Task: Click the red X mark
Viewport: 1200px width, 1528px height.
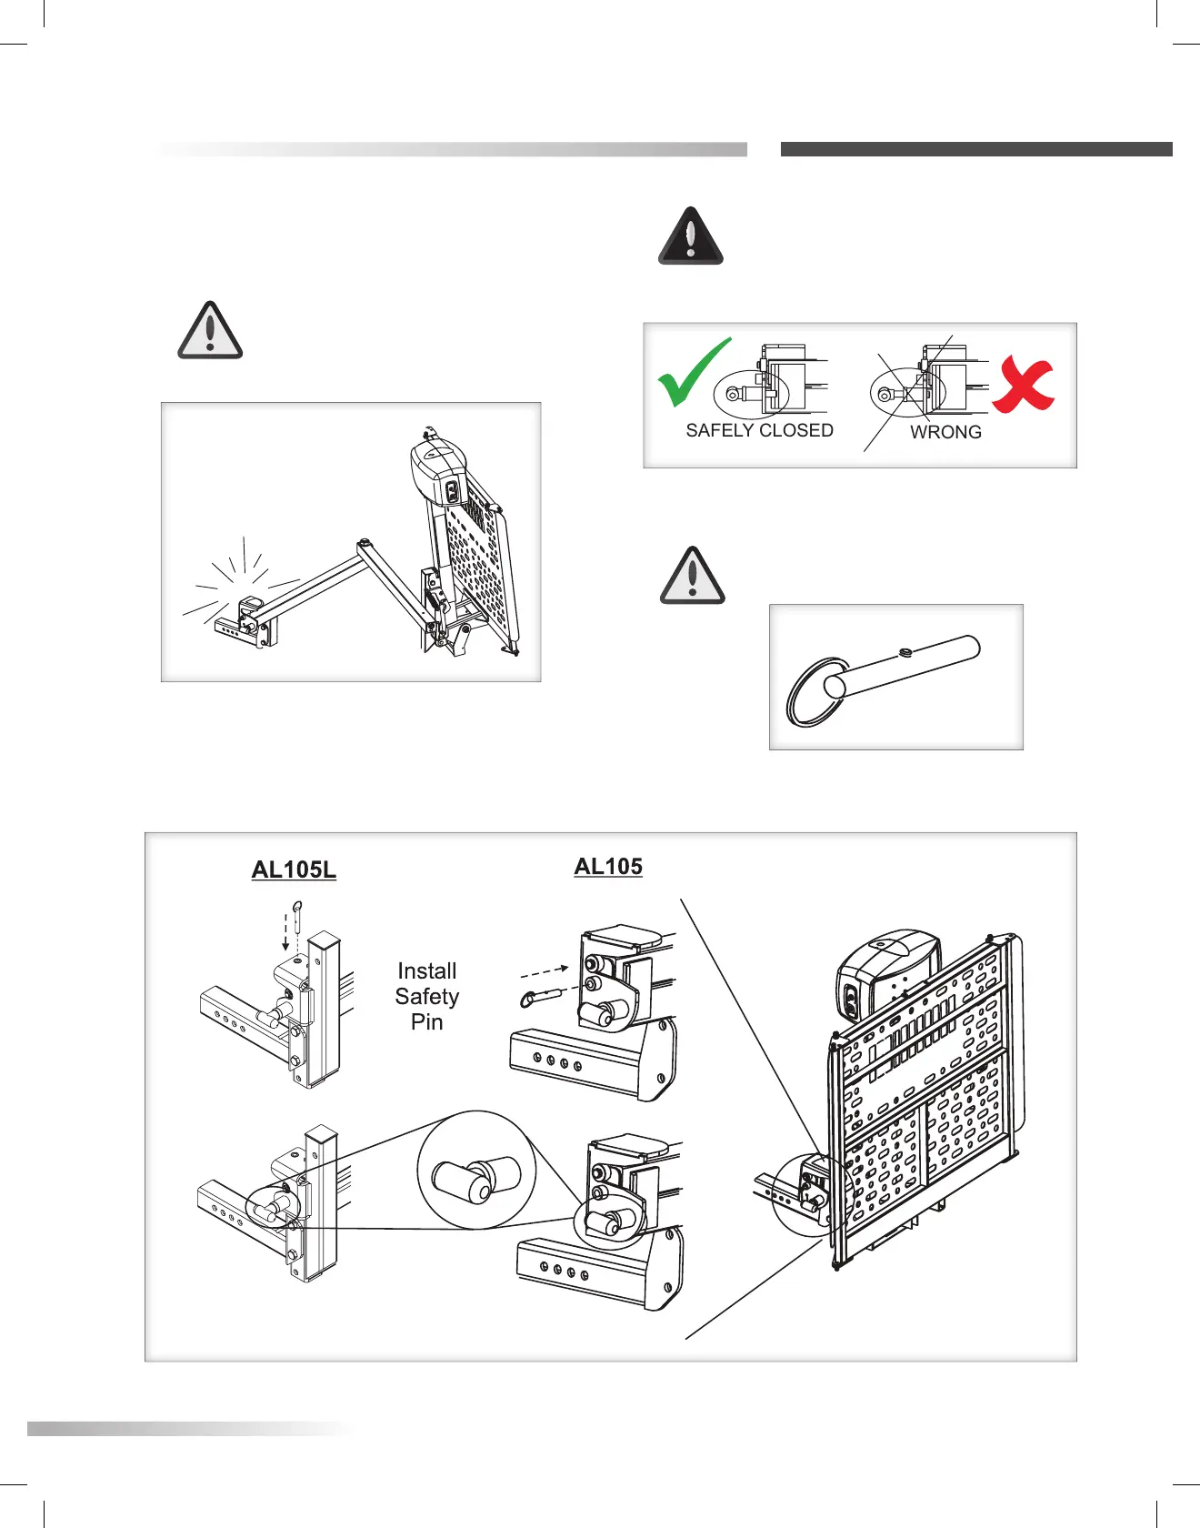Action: point(1024,384)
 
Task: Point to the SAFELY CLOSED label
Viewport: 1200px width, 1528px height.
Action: point(759,430)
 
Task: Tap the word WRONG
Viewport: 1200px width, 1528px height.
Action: point(945,432)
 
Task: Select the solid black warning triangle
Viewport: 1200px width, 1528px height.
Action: point(691,236)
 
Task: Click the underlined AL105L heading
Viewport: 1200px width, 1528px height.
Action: point(294,870)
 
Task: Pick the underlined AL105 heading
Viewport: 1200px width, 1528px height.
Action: point(608,867)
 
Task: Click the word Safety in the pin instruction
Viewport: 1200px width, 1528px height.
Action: point(427,997)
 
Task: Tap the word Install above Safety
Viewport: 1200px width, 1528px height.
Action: point(427,971)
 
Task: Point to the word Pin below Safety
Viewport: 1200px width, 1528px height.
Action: point(427,1022)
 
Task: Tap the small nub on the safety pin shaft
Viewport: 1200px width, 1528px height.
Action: point(905,651)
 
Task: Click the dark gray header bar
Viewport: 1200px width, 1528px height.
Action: point(976,149)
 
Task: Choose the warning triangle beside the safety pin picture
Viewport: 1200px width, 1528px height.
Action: point(693,577)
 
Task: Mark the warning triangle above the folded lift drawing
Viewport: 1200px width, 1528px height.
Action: point(210,330)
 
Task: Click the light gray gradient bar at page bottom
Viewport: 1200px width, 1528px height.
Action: point(191,1429)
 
